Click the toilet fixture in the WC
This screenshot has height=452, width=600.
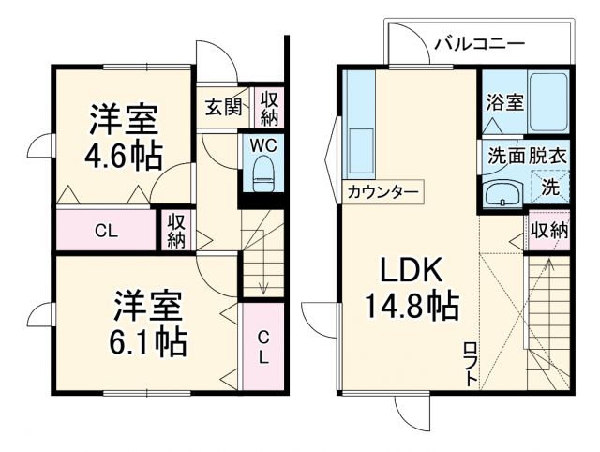(x=263, y=173)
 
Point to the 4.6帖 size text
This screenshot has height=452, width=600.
(x=123, y=154)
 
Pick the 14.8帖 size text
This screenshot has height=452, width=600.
(x=410, y=305)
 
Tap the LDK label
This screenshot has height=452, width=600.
(x=411, y=270)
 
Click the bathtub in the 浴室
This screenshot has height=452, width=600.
(x=547, y=102)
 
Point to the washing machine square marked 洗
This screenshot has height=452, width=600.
(x=552, y=186)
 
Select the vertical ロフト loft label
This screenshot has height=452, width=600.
(x=471, y=365)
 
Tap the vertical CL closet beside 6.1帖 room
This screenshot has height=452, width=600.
(x=263, y=347)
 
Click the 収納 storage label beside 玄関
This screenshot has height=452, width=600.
(x=270, y=108)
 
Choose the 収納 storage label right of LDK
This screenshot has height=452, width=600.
(x=549, y=231)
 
